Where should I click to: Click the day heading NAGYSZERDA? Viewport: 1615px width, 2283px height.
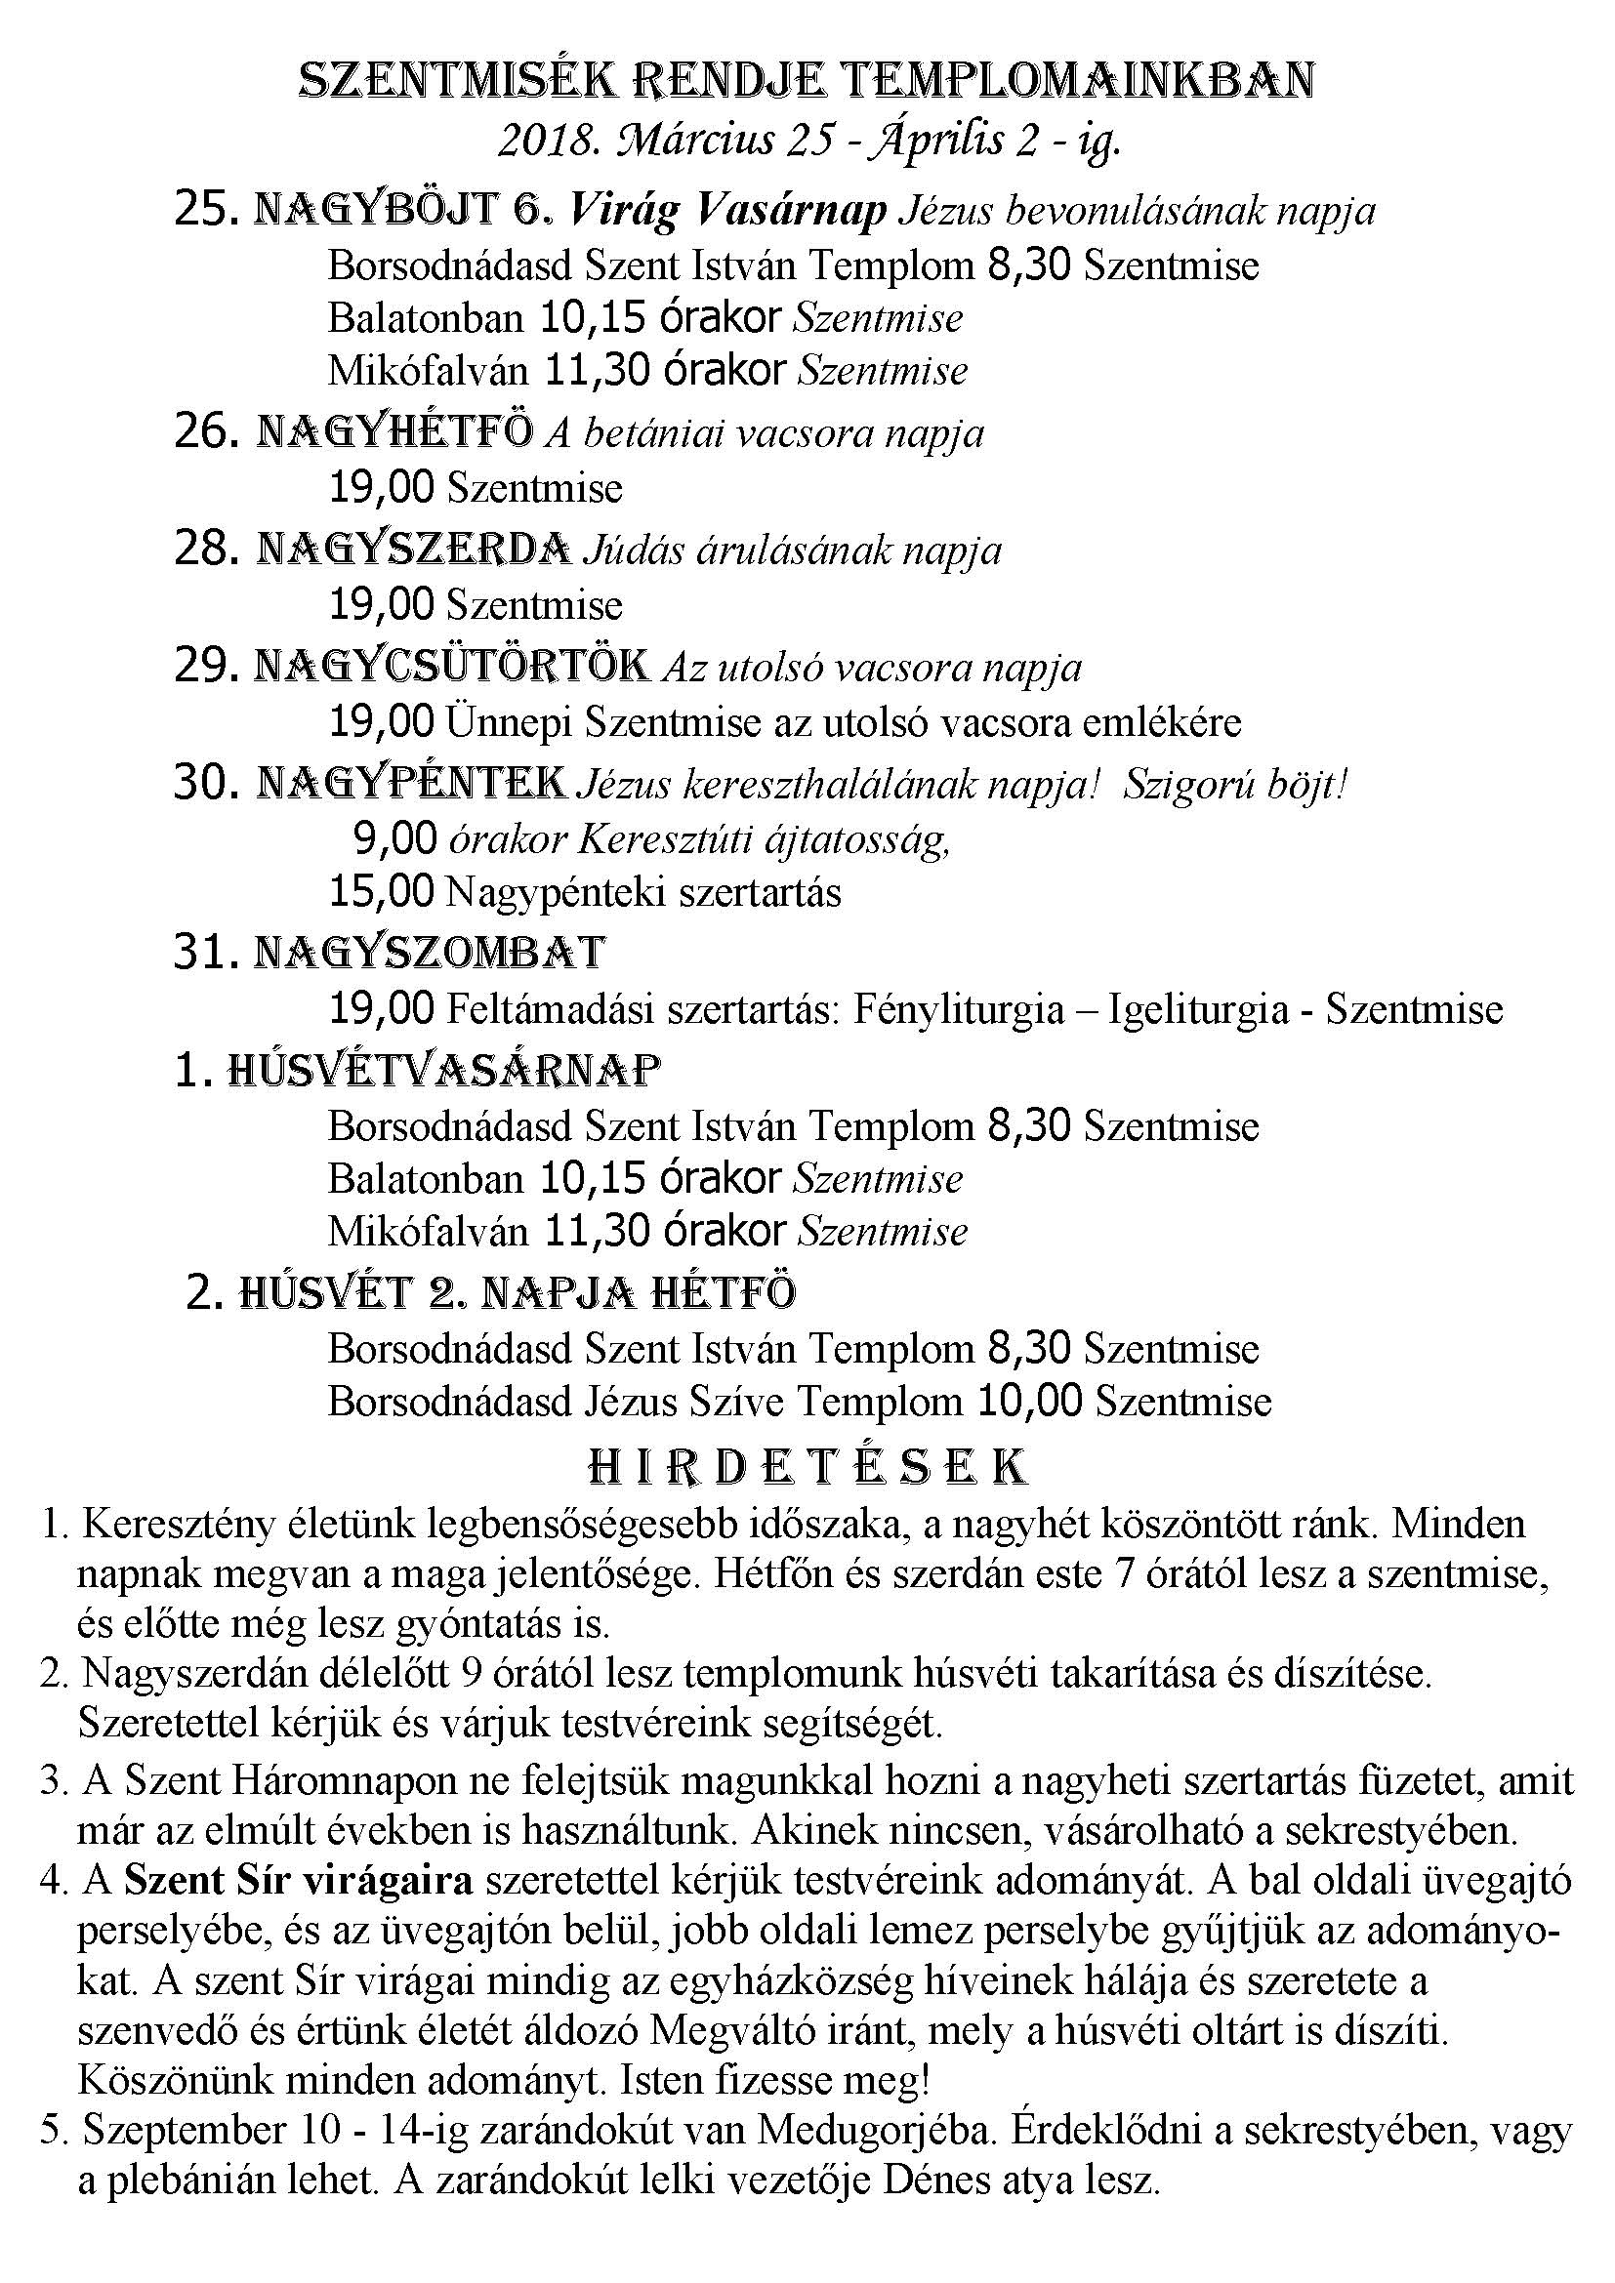click(414, 549)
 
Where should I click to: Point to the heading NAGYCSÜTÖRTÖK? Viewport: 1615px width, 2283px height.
click(452, 667)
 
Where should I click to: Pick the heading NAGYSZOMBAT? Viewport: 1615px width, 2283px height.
click(430, 952)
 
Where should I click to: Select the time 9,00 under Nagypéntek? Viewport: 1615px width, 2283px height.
click(394, 839)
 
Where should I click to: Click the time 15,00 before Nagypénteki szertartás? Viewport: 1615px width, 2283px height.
click(382, 891)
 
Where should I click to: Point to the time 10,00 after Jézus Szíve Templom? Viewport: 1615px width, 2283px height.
click(1030, 1401)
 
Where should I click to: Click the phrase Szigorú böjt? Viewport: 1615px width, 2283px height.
click(1235, 785)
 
